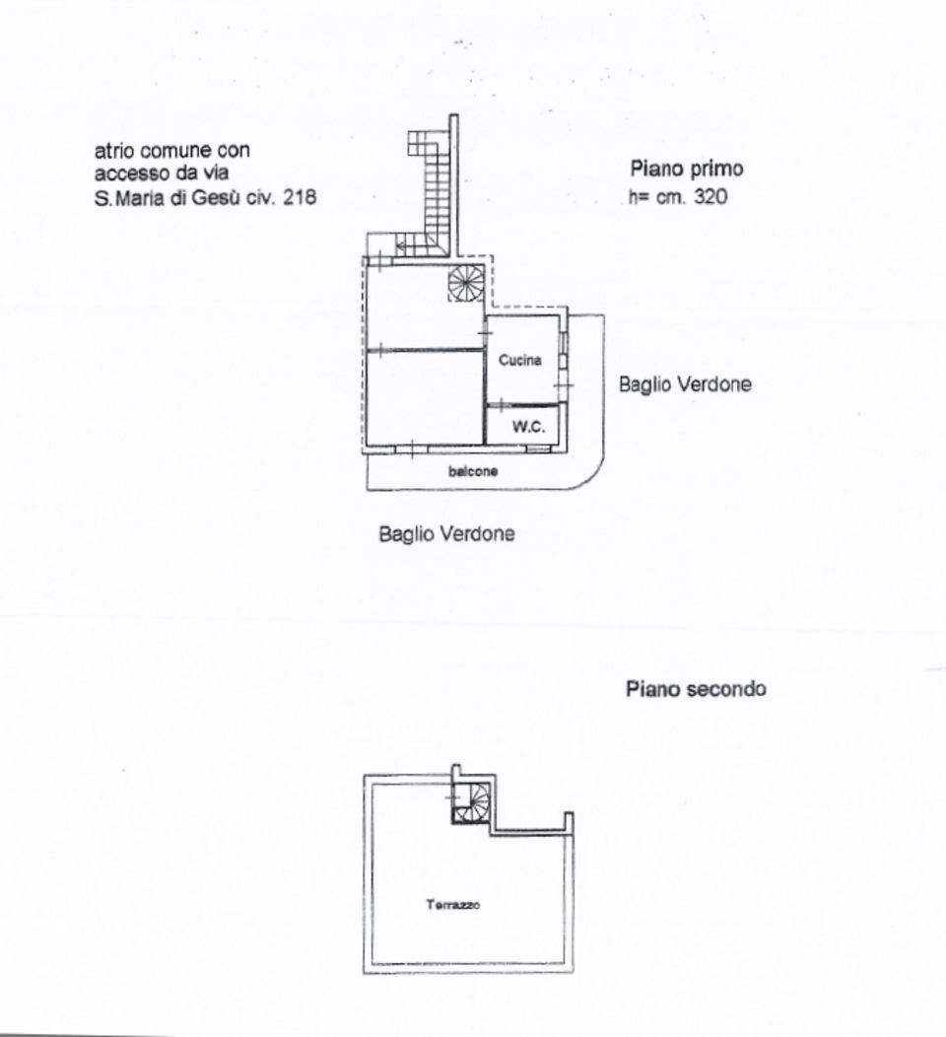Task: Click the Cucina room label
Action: (519, 361)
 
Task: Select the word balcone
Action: (473, 472)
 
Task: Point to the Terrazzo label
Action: (453, 906)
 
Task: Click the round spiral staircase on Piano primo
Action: (465, 283)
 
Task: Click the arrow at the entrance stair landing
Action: (402, 246)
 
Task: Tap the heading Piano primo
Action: (687, 169)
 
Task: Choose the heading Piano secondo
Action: (696, 689)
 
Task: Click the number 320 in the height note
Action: (709, 197)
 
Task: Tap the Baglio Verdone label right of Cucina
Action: (684, 384)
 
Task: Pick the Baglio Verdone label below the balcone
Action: (446, 534)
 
